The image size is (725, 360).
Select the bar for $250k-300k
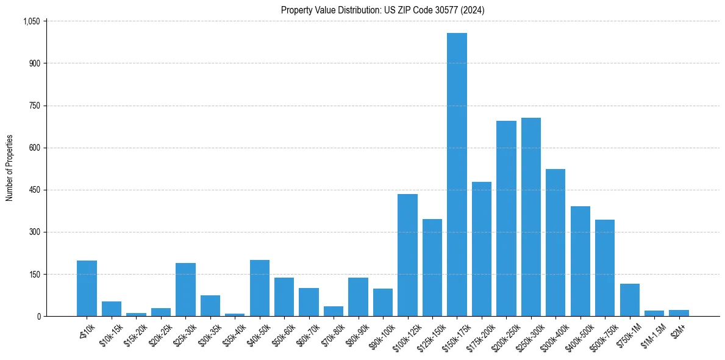click(x=531, y=217)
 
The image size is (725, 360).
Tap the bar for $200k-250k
click(x=506, y=218)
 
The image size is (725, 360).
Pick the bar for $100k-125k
click(x=407, y=255)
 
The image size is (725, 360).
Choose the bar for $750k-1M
click(x=630, y=300)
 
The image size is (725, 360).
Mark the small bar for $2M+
click(x=679, y=313)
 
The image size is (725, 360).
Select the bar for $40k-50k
click(x=260, y=288)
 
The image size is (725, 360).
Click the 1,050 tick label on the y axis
click(x=31, y=21)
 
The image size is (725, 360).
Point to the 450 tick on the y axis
click(x=34, y=190)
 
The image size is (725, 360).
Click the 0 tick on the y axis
click(x=38, y=316)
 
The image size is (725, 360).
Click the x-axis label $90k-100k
click(x=380, y=334)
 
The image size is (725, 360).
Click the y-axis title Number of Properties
click(x=10, y=168)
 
